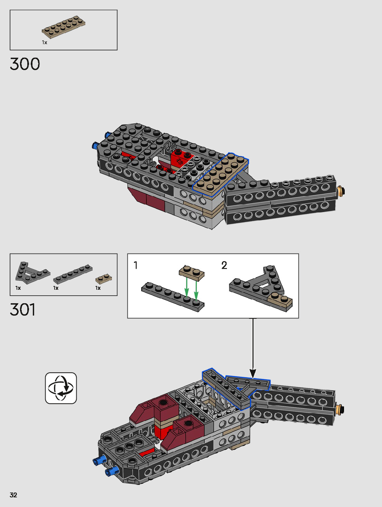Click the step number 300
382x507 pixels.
pos(25,64)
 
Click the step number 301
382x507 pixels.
pos(23,310)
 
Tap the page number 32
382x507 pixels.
pos(13,495)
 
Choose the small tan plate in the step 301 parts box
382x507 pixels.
pos(104,278)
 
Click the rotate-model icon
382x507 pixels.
pos(61,388)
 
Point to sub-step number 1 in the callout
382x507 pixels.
pos(136,265)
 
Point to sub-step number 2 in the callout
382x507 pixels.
pos(224,265)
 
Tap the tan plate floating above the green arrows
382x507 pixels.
pos(192,271)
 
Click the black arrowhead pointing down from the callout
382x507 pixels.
pos(253,374)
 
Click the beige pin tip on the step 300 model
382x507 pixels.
pos(342,191)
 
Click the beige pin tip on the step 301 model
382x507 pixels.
pos(341,410)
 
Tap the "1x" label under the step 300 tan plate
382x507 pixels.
pos(45,42)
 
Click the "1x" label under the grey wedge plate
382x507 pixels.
pos(18,288)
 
